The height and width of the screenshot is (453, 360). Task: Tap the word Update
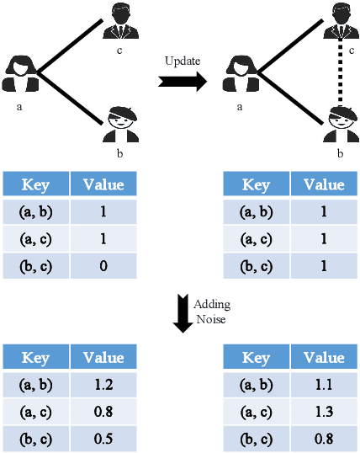pyautogui.click(x=183, y=61)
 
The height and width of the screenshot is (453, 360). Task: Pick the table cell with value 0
pyautogui.click(x=103, y=266)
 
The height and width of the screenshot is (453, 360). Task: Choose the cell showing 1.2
pyautogui.click(x=103, y=386)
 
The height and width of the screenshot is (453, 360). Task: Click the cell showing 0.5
pyautogui.click(x=103, y=438)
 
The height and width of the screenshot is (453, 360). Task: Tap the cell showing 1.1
pyautogui.click(x=324, y=386)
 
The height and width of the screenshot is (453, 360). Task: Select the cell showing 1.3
pyautogui.click(x=324, y=413)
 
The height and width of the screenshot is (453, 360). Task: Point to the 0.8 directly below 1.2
pyautogui.click(x=103, y=413)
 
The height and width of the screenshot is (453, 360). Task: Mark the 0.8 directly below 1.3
pyautogui.click(x=324, y=438)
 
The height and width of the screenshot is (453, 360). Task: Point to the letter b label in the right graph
pyautogui.click(x=340, y=155)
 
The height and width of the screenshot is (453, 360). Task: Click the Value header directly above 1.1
pyautogui.click(x=324, y=359)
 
